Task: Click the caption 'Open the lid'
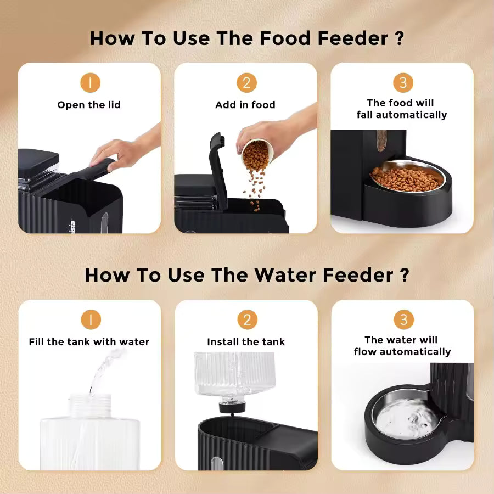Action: pos(89,105)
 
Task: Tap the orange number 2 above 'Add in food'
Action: pos(246,83)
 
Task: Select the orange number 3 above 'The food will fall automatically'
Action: pos(403,83)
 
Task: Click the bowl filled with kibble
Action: pos(407,178)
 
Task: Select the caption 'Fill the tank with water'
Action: pos(89,342)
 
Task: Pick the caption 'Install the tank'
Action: pos(246,342)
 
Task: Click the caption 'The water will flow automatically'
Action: pos(402,346)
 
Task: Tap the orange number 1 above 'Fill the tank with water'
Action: pos(91,320)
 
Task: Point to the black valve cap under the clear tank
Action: pos(230,407)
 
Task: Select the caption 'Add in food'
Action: pos(245,105)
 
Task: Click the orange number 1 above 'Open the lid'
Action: pos(91,83)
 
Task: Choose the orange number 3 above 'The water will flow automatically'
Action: pos(403,320)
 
